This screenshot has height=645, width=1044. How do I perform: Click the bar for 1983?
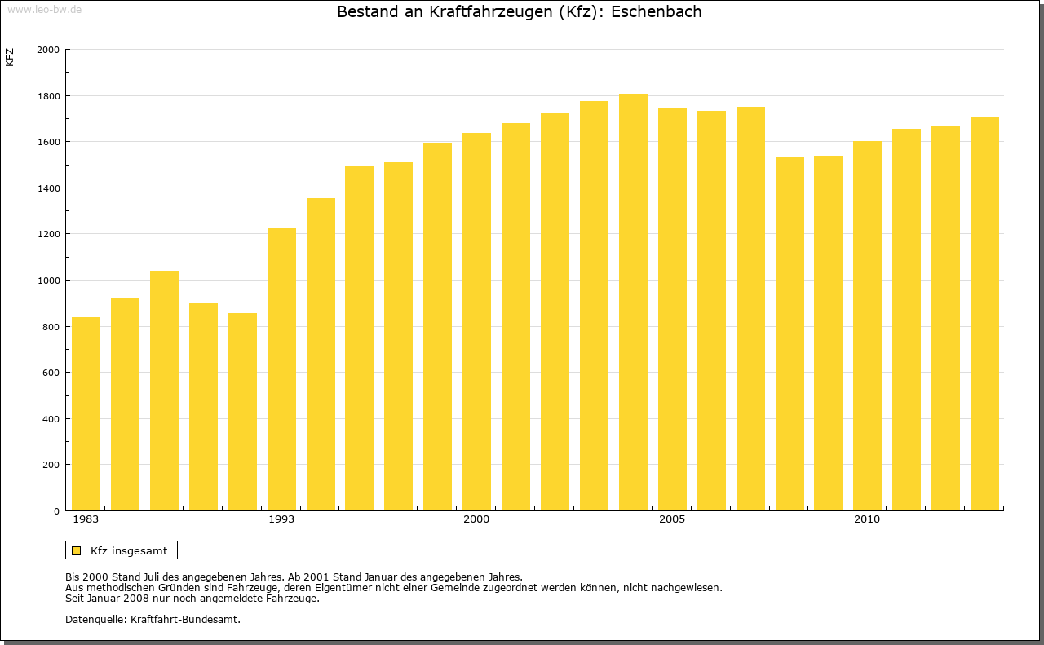[x=86, y=414]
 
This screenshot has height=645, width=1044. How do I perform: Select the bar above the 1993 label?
[x=281, y=369]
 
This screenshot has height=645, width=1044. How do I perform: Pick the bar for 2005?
[x=672, y=309]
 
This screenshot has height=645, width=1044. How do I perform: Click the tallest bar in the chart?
[x=633, y=303]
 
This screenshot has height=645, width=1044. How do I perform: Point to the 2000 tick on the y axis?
[x=49, y=50]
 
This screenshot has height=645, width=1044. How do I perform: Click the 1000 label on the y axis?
[x=49, y=281]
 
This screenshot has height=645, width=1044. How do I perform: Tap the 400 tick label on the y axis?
[x=51, y=419]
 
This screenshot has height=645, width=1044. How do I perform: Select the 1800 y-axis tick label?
[x=49, y=96]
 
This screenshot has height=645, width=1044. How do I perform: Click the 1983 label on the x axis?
[x=86, y=519]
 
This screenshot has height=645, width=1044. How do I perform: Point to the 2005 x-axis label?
[x=672, y=519]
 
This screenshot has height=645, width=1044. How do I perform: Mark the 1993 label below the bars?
[x=281, y=519]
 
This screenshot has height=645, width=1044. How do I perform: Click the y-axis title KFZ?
[x=10, y=57]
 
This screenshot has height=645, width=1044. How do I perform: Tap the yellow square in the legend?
[x=76, y=550]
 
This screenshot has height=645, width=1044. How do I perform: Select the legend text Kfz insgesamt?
[x=129, y=550]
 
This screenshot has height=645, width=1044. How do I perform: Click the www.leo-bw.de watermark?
[x=43, y=8]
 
